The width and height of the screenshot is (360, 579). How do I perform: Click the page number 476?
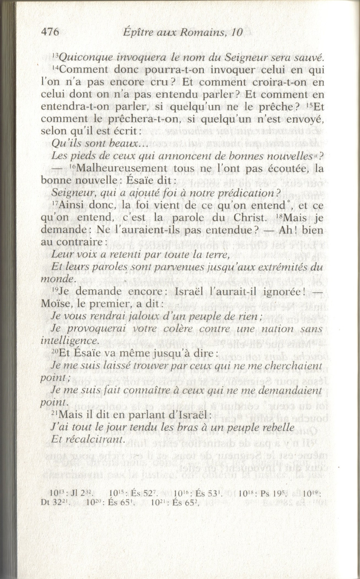click(x=50, y=32)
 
